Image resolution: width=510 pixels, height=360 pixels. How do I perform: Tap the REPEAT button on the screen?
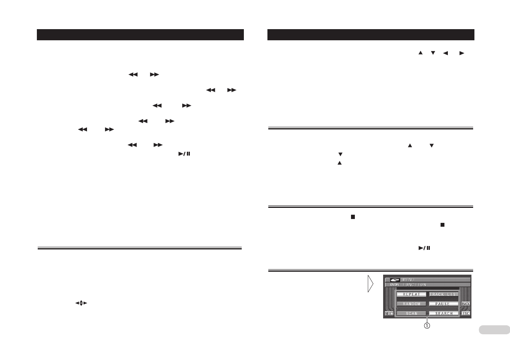(x=411, y=294)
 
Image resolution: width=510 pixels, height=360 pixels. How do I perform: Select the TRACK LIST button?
(x=444, y=294)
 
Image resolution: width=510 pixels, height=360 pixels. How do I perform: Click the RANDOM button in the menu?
(x=411, y=304)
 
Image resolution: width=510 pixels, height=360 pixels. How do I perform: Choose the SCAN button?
(x=411, y=313)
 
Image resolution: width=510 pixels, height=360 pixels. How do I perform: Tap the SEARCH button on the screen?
(x=444, y=313)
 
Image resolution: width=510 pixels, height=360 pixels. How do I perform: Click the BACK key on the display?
(x=465, y=304)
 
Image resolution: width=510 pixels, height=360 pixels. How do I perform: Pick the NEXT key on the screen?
(x=389, y=313)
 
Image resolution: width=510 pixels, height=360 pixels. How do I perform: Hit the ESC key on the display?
(x=465, y=313)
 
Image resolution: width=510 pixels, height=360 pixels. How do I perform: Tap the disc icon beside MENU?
(x=394, y=279)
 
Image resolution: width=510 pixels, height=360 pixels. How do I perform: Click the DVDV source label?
(x=394, y=284)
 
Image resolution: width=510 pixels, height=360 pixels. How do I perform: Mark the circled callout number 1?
(x=427, y=325)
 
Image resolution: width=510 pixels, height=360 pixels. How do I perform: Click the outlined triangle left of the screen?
(x=370, y=284)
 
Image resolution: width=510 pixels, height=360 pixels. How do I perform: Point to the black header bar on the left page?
(x=140, y=35)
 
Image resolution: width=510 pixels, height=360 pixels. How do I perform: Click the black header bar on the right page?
(x=371, y=35)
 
